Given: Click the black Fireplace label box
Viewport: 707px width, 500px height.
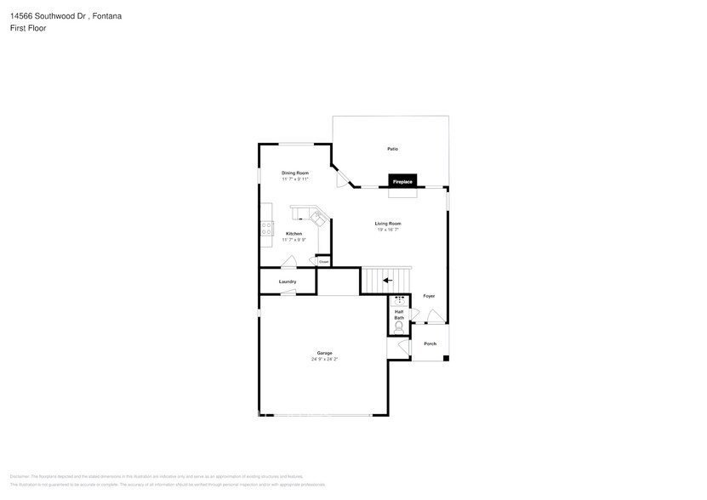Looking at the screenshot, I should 402,181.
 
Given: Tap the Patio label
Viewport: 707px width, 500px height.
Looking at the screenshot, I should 392,149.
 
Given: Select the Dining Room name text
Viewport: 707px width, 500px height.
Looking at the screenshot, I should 295,173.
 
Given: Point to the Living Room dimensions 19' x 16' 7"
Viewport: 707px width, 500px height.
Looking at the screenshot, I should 388,230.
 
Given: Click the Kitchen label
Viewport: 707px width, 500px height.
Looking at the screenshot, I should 294,234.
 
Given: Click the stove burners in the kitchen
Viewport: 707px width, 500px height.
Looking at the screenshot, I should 266,228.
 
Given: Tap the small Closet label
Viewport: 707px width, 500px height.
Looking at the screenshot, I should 324,261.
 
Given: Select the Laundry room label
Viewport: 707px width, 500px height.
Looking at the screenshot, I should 288,281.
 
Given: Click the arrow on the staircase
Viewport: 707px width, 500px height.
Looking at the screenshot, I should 387,280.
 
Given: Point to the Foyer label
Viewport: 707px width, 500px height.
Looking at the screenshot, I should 429,296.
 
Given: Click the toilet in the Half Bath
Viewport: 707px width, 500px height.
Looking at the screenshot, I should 399,326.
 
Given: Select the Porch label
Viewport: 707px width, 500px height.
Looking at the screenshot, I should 430,344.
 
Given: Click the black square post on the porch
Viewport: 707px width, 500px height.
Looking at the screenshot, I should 446,357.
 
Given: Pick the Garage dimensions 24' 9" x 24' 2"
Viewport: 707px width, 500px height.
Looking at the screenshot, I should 324,359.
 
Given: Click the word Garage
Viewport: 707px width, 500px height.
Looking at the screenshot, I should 324,353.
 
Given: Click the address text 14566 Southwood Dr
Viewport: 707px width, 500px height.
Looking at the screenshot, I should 48,15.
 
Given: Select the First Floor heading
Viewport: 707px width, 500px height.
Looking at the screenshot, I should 29,28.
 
